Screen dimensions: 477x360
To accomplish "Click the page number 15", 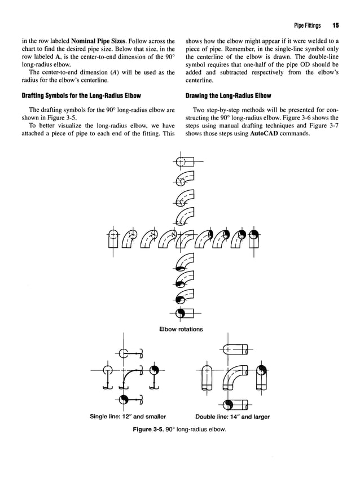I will [335, 25].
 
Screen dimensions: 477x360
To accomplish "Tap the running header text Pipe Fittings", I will [307, 25].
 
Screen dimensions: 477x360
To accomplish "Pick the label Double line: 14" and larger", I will [232, 417].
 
